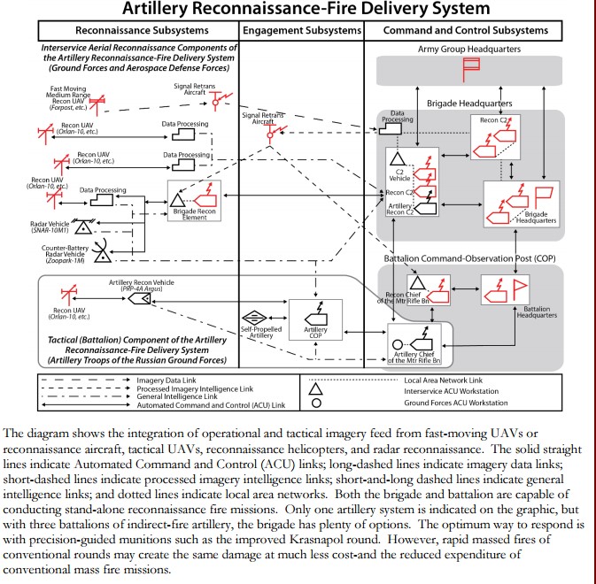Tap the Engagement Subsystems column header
(302, 30)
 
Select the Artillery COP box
(315, 318)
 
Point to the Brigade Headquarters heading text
(469, 103)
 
